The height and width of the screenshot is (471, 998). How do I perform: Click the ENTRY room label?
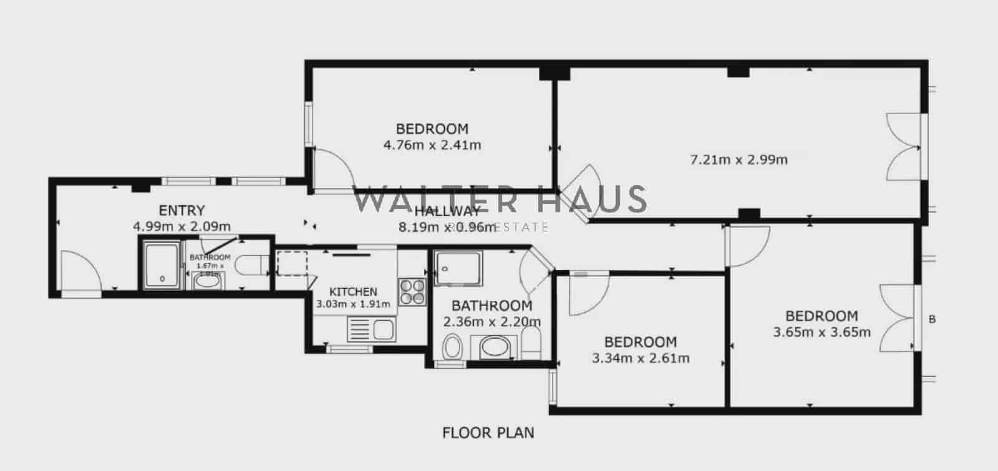(182, 210)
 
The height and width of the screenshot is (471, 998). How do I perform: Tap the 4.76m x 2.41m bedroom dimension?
(432, 145)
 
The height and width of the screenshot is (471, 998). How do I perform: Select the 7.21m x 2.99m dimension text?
(739, 160)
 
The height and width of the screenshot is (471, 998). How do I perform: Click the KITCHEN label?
(353, 291)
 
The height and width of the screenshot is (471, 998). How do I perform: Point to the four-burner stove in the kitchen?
(412, 291)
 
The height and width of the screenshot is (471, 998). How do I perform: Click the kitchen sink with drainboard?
(371, 329)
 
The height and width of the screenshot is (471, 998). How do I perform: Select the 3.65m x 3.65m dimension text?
(821, 332)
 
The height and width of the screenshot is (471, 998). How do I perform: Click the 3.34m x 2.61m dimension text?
(641, 358)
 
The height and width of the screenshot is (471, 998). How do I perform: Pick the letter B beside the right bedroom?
(933, 319)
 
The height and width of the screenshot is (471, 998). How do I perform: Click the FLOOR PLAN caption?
(488, 432)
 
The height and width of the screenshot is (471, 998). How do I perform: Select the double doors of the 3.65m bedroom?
(898, 318)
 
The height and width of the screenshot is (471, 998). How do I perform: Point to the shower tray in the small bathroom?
(162, 266)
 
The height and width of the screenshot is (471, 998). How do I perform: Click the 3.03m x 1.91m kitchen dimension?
(353, 304)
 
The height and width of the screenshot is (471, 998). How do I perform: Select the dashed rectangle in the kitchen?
(291, 263)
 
